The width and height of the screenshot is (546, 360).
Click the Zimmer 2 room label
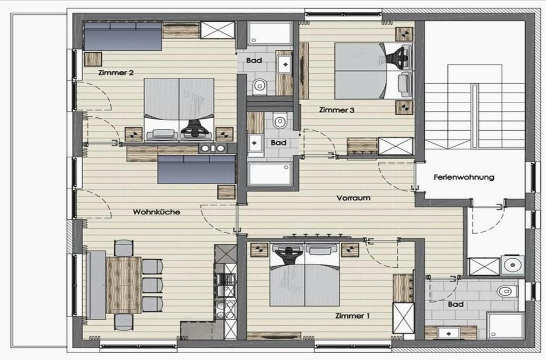tap(116, 73)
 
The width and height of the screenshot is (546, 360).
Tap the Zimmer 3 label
tap(337, 110)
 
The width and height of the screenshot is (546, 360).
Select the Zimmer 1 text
tap(352, 316)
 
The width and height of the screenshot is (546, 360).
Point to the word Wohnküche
tap(156, 212)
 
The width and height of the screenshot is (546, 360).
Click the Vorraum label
tap(353, 198)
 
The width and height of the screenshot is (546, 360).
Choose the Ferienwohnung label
tap(464, 177)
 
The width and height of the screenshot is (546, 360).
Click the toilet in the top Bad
tap(259, 86)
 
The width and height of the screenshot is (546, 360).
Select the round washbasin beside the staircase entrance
tap(512, 265)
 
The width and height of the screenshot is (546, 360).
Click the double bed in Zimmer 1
tap(304, 275)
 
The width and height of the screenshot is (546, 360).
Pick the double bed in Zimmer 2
tap(179, 109)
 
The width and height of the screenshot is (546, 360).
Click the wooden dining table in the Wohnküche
tap(124, 285)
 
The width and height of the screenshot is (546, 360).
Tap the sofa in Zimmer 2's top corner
tap(123, 36)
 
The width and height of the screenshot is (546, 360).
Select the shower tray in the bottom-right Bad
tap(505, 325)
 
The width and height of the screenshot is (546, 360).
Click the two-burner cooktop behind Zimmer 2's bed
tap(212, 148)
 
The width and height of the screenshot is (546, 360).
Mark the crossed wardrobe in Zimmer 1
tap(404, 318)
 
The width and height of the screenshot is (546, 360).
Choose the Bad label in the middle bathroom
tap(278, 143)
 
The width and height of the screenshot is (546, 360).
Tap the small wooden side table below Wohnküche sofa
tap(226, 192)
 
